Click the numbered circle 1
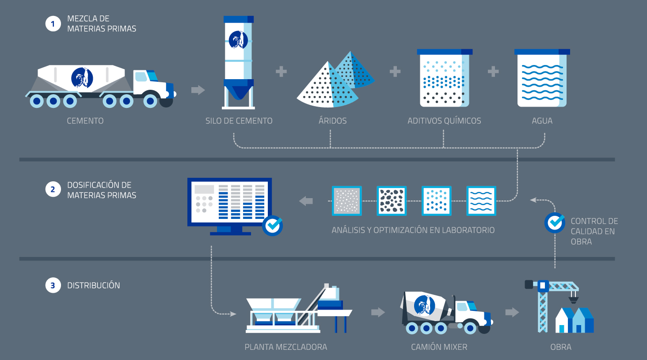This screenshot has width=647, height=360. pos(53,23)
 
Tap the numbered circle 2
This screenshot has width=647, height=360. pos(53,190)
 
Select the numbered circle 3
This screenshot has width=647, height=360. pos(53,285)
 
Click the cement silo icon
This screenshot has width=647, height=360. pos(238,62)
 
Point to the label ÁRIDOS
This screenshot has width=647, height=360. pos(332,121)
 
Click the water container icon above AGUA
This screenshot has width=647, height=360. pos(542,78)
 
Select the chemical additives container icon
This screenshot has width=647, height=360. pos(444,78)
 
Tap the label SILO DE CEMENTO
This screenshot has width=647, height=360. pos(239,121)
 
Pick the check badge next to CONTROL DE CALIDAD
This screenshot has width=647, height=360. pos(555,222)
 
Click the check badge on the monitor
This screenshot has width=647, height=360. pos(272,226)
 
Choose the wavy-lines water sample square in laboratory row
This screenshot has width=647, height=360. pos(481,201)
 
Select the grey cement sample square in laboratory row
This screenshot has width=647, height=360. pos(347,201)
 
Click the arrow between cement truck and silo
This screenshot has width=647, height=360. pos(198,90)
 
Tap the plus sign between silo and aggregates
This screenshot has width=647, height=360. pos(281,71)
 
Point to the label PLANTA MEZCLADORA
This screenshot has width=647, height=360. pos(285,347)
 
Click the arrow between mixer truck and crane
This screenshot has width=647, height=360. pos(512,312)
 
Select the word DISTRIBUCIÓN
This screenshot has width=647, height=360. pos(93,285)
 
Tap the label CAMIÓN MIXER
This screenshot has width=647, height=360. pos(439,347)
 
